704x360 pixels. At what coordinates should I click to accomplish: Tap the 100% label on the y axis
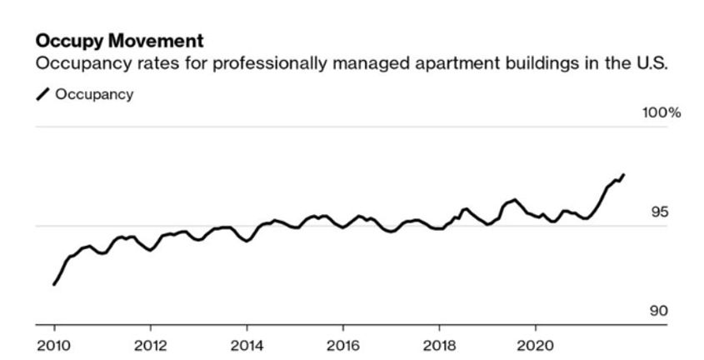pos(662,112)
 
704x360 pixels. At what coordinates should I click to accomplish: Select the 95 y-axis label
pos(660,212)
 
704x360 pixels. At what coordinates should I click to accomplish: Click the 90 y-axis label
pos(660,312)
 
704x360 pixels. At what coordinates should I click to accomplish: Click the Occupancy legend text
pos(94,94)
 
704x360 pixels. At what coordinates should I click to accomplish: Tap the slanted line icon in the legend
pos(42,95)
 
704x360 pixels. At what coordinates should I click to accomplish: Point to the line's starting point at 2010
pos(54,284)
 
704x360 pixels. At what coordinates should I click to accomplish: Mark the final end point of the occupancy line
pos(624,174)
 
